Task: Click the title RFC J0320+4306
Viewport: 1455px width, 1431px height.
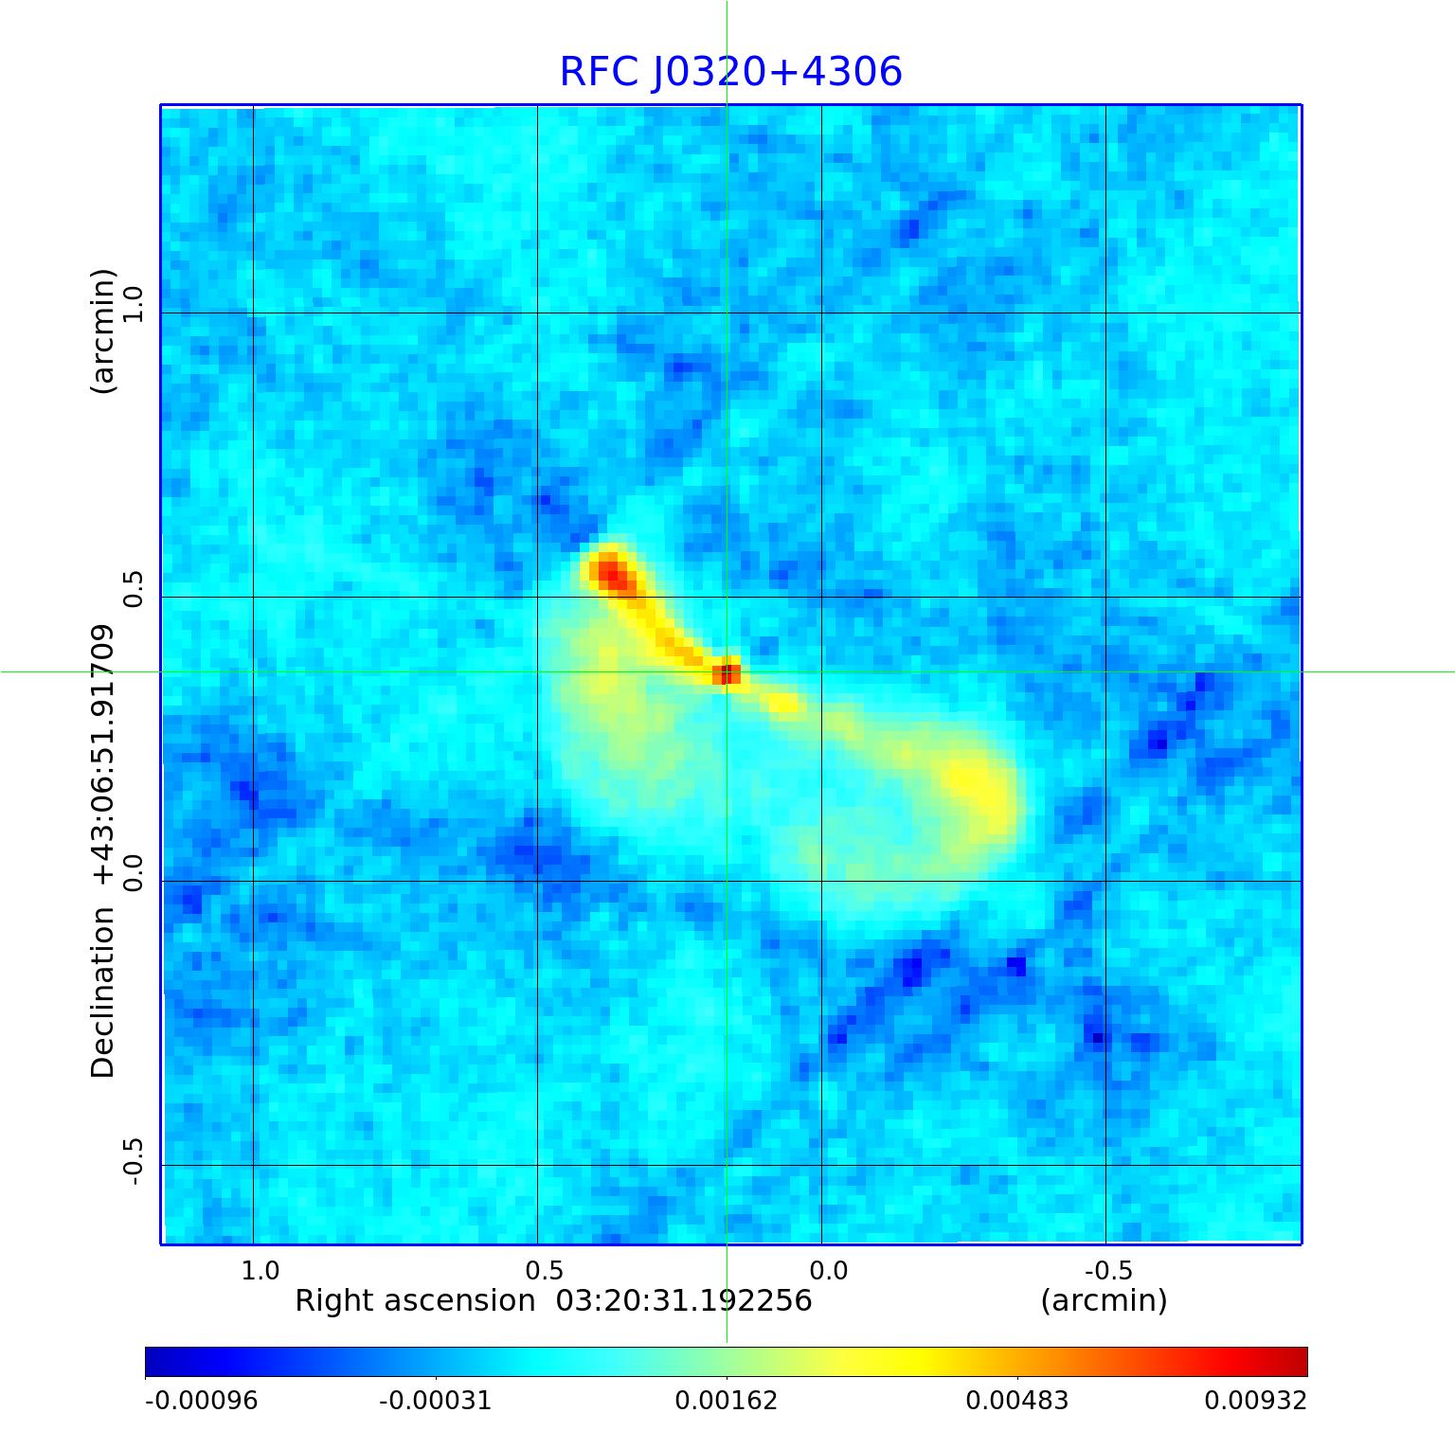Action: point(730,72)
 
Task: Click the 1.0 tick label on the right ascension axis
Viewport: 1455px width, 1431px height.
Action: point(260,1270)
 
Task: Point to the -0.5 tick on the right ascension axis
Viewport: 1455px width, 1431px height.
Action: point(1106,1270)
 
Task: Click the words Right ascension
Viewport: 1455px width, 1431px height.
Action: point(415,1300)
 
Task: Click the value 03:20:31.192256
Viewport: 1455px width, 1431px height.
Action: point(684,1300)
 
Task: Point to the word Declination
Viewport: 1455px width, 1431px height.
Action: point(102,993)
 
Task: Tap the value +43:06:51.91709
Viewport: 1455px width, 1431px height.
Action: point(102,756)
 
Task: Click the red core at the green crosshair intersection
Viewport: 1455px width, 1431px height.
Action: point(727,673)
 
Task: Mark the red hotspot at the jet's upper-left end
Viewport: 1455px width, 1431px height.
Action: point(608,571)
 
